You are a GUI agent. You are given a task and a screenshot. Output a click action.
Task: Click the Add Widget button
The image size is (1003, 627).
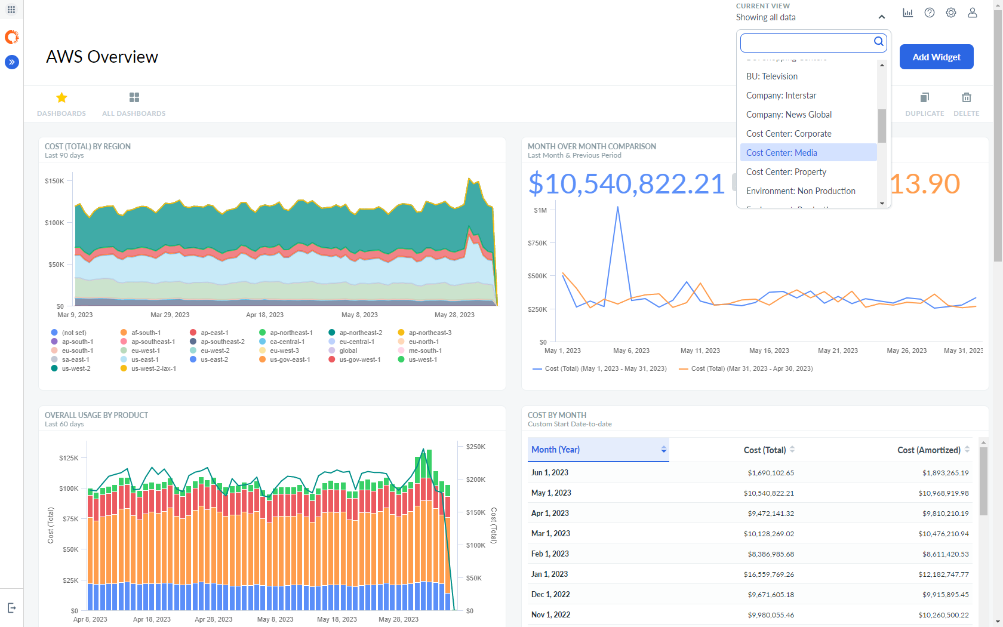pos(936,57)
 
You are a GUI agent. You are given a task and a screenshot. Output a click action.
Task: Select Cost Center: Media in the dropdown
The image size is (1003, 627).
pos(782,153)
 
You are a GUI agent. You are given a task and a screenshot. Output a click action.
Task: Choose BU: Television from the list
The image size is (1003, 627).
pos(771,76)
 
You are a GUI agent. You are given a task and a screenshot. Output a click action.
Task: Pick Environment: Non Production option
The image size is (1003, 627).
pos(800,191)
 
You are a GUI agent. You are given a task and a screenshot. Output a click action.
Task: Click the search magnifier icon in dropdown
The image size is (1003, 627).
pos(878,42)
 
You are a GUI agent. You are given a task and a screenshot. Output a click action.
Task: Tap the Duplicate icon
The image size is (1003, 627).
pos(924,98)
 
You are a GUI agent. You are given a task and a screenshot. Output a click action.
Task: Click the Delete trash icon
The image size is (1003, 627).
pos(966,98)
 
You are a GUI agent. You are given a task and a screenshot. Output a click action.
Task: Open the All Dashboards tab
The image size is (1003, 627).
pos(134,104)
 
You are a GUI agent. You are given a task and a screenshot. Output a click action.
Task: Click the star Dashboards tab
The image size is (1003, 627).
pos(61,104)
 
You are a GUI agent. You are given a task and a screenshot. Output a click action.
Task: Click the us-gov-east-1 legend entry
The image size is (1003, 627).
pos(290,359)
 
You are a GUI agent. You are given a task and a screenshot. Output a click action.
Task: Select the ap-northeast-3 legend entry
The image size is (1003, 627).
pos(429,333)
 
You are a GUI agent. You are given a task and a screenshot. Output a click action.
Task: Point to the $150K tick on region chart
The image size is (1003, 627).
pos(54,181)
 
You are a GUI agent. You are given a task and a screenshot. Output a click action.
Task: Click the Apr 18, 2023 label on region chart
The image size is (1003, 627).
pos(264,315)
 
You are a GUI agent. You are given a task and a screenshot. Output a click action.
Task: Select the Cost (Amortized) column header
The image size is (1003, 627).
pos(928,450)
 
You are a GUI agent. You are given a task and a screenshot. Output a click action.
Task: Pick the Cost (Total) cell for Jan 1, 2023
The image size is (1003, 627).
pos(770,574)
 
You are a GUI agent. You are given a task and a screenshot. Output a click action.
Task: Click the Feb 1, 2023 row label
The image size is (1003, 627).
pos(550,554)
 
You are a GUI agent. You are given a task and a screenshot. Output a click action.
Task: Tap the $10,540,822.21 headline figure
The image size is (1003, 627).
pos(626,184)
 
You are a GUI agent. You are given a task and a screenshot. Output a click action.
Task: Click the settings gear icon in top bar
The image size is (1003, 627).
pos(950,13)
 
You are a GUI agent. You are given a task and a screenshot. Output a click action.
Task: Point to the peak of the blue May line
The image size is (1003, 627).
pos(617,208)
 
